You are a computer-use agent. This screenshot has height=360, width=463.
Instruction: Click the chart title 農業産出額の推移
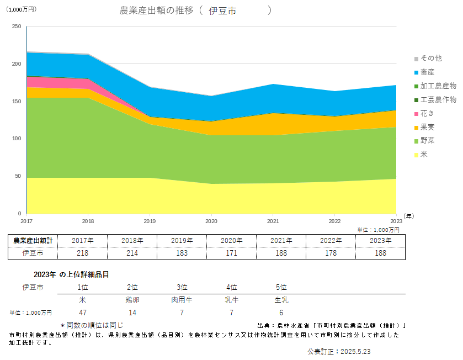pyautogui.click(x=156, y=10)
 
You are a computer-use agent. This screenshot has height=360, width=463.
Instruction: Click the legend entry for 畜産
pyautogui.click(x=428, y=72)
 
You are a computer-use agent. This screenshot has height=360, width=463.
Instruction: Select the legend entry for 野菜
pyautogui.click(x=428, y=141)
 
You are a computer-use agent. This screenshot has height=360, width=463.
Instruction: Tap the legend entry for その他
pyautogui.click(x=431, y=58)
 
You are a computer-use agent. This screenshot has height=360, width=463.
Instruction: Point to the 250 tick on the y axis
pyautogui.click(x=16, y=27)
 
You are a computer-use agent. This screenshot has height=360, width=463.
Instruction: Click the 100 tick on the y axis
pyautogui.click(x=16, y=139)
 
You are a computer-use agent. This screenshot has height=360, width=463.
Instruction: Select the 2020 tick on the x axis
pyautogui.click(x=211, y=221)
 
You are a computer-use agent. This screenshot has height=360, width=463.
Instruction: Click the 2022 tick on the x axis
pyautogui.click(x=335, y=221)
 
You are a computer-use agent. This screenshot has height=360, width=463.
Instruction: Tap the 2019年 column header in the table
pyautogui.click(x=182, y=240)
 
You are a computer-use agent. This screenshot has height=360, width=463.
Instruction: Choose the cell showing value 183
pyautogui.click(x=182, y=253)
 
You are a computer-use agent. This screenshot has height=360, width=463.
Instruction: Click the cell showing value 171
pyautogui.click(x=232, y=253)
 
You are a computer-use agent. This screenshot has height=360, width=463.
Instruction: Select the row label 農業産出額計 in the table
pyautogui.click(x=33, y=240)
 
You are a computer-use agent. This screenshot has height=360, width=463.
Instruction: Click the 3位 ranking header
pyautogui.click(x=182, y=288)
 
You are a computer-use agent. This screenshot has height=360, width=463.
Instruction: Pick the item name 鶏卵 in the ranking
pyautogui.click(x=132, y=301)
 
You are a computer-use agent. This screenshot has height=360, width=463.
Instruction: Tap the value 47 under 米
pyautogui.click(x=83, y=313)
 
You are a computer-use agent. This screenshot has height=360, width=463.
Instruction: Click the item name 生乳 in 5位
pyautogui.click(x=281, y=301)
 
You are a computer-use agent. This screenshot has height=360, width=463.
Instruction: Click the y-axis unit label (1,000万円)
pyautogui.click(x=21, y=9)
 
